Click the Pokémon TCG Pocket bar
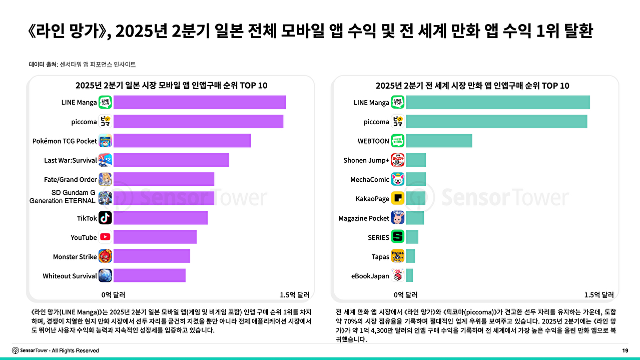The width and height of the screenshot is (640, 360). tap(182, 141)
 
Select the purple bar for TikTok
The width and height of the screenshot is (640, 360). tap(161, 218)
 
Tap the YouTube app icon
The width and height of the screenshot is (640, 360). tap(105, 237)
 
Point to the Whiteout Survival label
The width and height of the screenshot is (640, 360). tap(70, 276)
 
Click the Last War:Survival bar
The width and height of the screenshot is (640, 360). tap(171, 160)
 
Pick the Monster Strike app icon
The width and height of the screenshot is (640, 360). tap(105, 256)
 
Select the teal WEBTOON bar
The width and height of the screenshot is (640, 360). tap(439, 141)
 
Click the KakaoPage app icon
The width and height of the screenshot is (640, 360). tap(398, 198)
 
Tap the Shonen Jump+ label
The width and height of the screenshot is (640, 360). tap(366, 160)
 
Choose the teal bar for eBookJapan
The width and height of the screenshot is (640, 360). tap(409, 275)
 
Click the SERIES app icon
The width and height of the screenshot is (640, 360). tap(398, 237)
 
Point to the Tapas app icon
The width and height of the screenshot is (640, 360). tap(398, 256)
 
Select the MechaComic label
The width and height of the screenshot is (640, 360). tap(370, 179)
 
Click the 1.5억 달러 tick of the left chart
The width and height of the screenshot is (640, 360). tap(295, 294)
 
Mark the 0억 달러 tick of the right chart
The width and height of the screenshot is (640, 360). tap(405, 294)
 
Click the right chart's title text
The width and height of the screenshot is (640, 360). tap(472, 86)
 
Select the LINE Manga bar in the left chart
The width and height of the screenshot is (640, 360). tap(200, 102)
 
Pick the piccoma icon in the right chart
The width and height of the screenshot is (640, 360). tap(398, 122)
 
